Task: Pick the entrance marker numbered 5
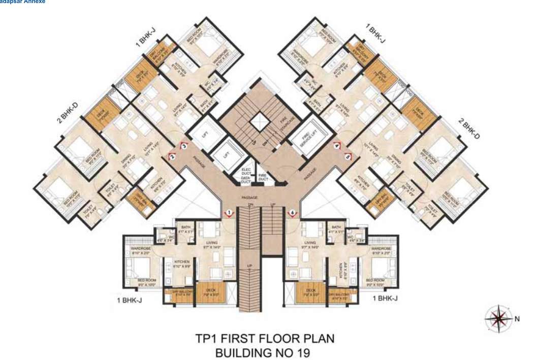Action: [x=348, y=157]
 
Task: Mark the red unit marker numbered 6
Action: [x=292, y=212]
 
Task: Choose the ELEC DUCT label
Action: [x=246, y=170]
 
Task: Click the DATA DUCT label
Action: [x=246, y=179]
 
